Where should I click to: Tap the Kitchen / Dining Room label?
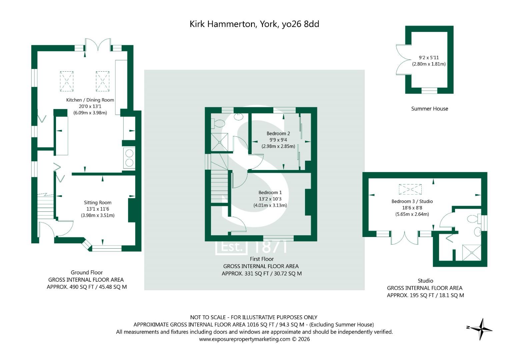coord(90,100)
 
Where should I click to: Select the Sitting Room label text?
coord(98,203)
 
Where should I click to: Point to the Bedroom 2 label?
coord(278,133)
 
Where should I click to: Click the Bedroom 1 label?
coord(270,193)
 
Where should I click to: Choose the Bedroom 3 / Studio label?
coord(412,201)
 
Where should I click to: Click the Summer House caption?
coord(429,109)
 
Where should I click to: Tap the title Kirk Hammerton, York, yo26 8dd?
coord(254,24)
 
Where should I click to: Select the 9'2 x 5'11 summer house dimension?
coord(429,58)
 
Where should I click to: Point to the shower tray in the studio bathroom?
coord(472,253)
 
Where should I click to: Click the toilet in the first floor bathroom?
coord(218,123)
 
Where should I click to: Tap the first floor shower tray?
coord(219,142)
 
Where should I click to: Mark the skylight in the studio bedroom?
coord(410,189)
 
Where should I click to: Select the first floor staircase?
coord(219,178)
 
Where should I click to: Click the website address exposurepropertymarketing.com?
coord(245,339)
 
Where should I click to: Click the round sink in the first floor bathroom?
coord(238,116)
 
